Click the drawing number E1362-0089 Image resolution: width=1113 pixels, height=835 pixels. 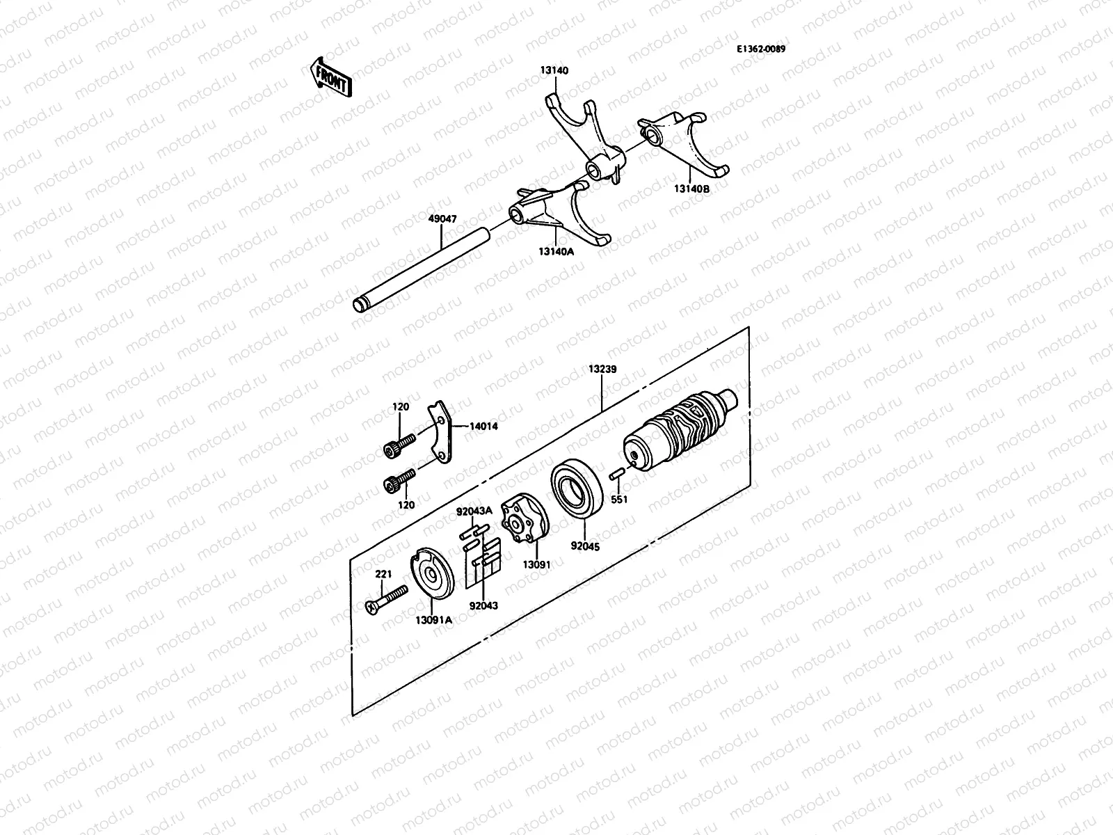[766, 49]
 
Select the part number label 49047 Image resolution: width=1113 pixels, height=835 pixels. [442, 218]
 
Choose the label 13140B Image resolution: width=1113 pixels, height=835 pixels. [691, 188]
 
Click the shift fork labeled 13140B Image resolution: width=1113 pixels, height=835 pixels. [689, 143]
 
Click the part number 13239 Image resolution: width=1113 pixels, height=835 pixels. [602, 369]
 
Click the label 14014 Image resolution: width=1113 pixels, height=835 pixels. [483, 427]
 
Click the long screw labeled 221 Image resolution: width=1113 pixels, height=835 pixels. [385, 601]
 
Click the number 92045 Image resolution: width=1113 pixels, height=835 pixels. [585, 547]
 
